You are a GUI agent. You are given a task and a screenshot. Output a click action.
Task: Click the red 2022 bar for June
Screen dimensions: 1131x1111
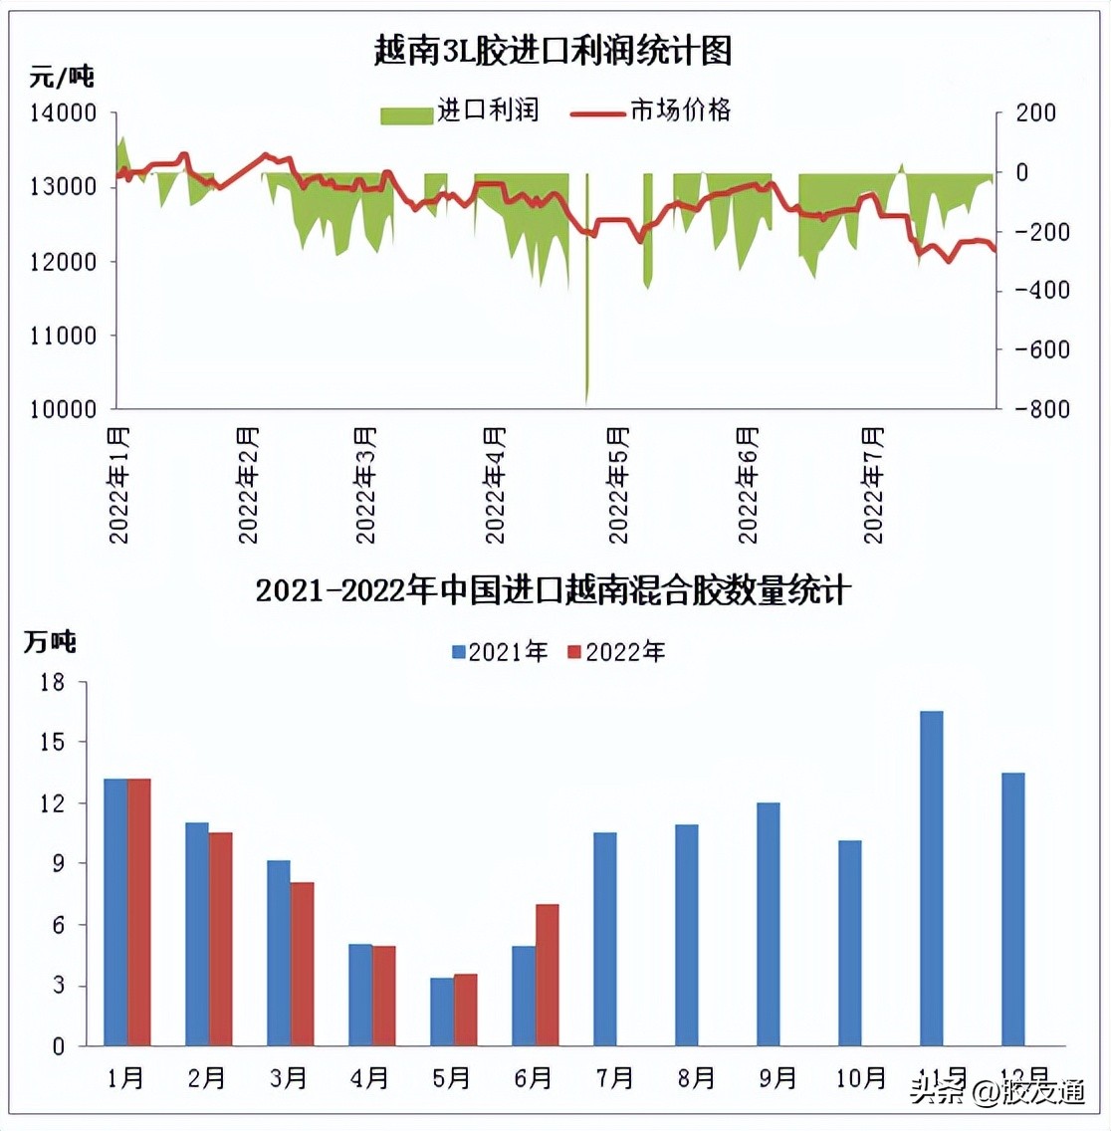click(548, 975)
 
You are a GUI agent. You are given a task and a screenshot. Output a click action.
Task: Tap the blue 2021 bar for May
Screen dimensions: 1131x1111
click(442, 1012)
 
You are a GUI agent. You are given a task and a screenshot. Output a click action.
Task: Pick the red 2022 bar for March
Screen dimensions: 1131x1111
click(302, 964)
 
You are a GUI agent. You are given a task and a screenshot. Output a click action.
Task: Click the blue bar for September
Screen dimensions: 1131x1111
click(768, 924)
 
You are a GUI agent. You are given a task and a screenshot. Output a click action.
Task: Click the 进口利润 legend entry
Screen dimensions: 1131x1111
click(460, 111)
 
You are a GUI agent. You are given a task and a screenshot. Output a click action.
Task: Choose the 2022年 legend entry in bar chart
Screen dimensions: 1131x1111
click(616, 652)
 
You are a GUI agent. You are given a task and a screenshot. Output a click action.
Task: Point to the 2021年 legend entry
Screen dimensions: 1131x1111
click(500, 652)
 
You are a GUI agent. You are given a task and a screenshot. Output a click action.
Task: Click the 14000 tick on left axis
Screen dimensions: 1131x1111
click(63, 113)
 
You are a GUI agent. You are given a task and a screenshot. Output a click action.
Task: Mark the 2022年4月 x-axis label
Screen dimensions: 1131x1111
click(495, 485)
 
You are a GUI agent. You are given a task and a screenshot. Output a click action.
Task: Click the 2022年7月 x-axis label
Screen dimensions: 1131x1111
click(873, 485)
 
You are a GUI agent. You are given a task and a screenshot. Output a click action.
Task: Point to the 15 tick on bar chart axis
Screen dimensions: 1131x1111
click(52, 742)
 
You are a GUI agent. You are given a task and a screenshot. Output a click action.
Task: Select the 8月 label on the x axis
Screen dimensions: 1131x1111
click(696, 1077)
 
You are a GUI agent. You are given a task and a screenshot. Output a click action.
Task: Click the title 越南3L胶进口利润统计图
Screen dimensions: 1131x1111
click(553, 49)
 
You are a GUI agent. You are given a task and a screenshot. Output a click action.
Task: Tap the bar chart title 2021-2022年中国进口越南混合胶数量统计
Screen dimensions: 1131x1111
click(553, 590)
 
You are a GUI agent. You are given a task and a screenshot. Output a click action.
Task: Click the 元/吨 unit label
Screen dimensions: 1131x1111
click(62, 76)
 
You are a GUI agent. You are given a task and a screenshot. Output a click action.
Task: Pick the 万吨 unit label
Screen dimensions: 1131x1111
click(50, 642)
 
